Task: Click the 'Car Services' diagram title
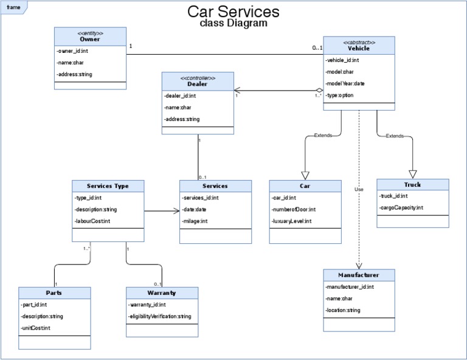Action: point(233,12)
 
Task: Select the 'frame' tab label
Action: point(13,7)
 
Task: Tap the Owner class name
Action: point(90,40)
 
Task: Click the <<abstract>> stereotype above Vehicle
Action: point(359,42)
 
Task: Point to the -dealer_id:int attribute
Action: point(180,95)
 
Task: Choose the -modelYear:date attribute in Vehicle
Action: point(345,83)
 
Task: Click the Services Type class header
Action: point(108,185)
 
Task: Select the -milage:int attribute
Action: point(195,221)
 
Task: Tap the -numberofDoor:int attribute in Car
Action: point(294,209)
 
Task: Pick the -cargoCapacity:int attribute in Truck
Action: point(401,208)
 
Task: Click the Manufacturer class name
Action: point(359,275)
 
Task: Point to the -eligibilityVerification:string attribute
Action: point(160,316)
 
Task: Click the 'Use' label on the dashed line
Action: point(359,190)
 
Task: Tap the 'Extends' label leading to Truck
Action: point(395,136)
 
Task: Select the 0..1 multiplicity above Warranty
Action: point(157,284)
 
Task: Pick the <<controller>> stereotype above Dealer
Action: point(198,77)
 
